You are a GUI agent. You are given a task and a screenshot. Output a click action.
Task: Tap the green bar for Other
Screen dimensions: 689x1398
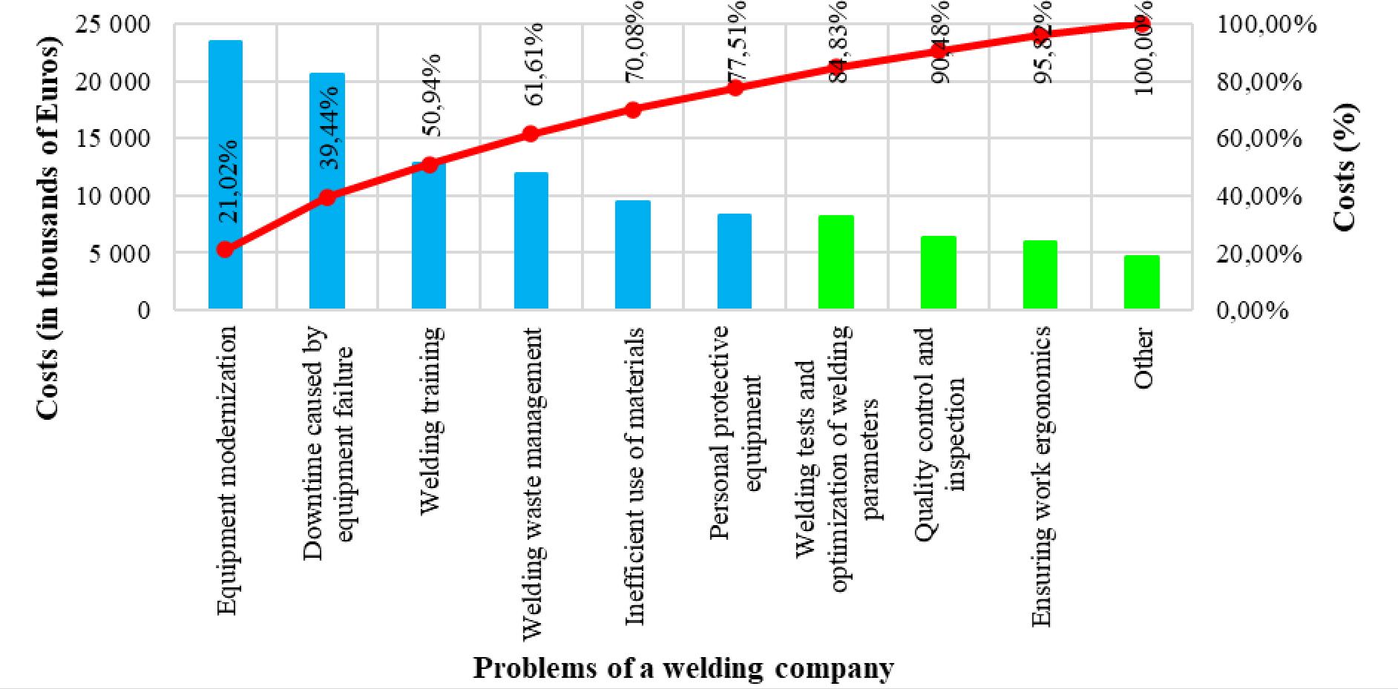pyautogui.click(x=1141, y=282)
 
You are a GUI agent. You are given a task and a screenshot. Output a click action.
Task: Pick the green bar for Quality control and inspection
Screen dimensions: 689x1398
pyautogui.click(x=938, y=272)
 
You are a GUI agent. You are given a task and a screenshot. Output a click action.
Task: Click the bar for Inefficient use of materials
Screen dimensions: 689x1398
pyautogui.click(x=633, y=254)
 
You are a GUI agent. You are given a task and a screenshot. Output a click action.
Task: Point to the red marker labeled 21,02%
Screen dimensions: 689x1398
pyautogui.click(x=226, y=249)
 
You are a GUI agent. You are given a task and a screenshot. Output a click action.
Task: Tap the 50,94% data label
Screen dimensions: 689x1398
pyautogui.click(x=430, y=95)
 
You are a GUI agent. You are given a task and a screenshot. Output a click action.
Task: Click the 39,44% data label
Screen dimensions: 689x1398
pyautogui.click(x=329, y=128)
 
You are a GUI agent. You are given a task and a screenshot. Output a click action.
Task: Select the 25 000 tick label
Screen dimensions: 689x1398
pyautogui.click(x=114, y=24)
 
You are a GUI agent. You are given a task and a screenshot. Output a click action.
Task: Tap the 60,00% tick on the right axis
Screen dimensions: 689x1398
pyautogui.click(x=1259, y=139)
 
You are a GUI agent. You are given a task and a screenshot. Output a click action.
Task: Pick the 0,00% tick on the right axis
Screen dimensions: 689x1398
pyautogui.click(x=1252, y=310)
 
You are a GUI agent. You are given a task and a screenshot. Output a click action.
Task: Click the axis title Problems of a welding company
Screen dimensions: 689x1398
pyautogui.click(x=683, y=667)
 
